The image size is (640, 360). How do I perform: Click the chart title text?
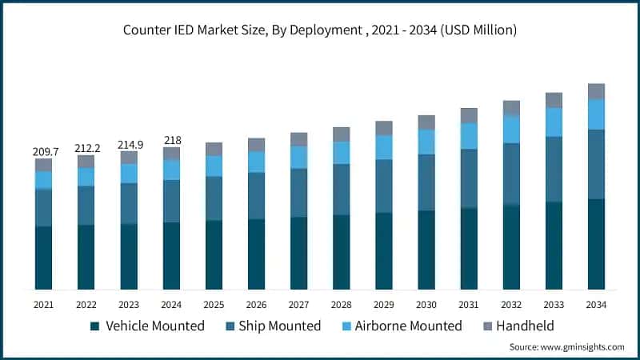pyautogui.click(x=320, y=30)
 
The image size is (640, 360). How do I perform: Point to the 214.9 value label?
pyautogui.click(x=128, y=144)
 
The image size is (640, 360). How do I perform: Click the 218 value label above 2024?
pyautogui.click(x=171, y=140)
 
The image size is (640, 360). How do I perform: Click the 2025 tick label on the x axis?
pyautogui.click(x=214, y=305)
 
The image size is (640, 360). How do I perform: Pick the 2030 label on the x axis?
pyautogui.click(x=426, y=305)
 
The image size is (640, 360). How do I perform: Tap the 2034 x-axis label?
pyautogui.click(x=596, y=305)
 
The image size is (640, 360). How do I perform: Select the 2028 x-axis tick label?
pyautogui.click(x=341, y=305)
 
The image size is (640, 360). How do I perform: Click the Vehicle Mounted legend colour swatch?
pyautogui.click(x=95, y=326)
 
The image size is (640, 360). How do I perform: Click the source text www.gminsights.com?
pyautogui.click(x=566, y=346)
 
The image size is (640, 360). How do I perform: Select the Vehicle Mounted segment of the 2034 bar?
pyautogui.click(x=596, y=244)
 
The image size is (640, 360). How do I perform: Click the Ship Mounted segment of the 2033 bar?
pyautogui.click(x=554, y=169)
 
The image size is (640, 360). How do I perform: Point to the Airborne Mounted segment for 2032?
pyautogui.click(x=511, y=129)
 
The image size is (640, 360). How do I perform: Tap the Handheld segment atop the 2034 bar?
pyautogui.click(x=596, y=91)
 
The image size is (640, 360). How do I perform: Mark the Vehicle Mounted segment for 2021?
pyautogui.click(x=43, y=258)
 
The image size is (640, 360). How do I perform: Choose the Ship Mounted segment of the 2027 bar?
pyautogui.click(x=298, y=193)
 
